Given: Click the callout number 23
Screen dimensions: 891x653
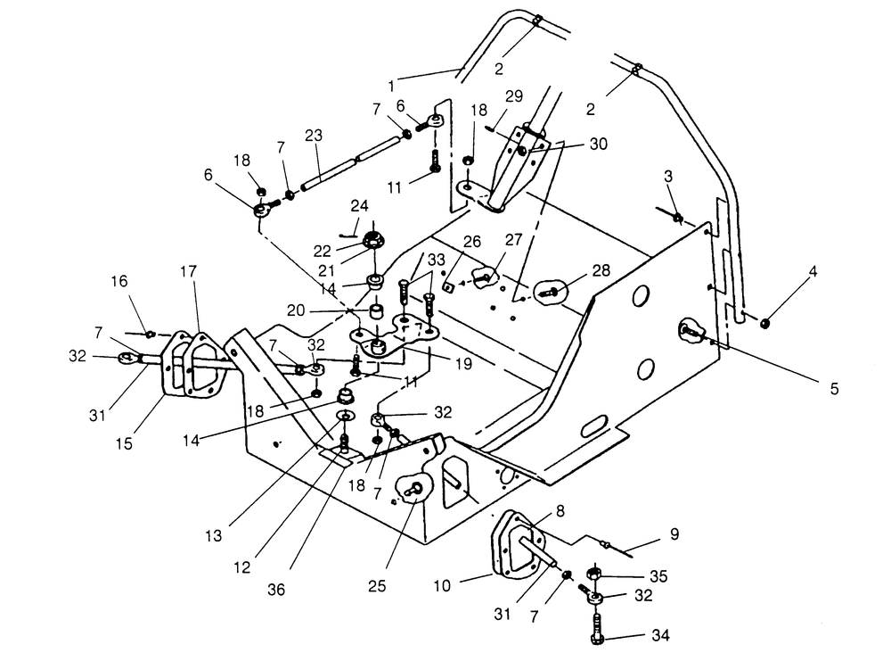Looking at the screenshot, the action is pyautogui.click(x=313, y=136).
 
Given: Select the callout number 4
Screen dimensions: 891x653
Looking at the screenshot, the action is pyautogui.click(x=813, y=271).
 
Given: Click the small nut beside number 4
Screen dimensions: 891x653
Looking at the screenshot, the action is pyautogui.click(x=765, y=323).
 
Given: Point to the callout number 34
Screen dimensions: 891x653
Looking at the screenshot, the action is pyautogui.click(x=660, y=635).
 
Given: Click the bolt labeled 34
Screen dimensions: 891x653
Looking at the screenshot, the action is pyautogui.click(x=596, y=629).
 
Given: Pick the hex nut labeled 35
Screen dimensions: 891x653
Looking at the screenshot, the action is pyautogui.click(x=593, y=574).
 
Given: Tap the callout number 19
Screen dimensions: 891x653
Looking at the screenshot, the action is pyautogui.click(x=464, y=363).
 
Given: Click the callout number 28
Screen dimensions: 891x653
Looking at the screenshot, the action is pyautogui.click(x=601, y=270).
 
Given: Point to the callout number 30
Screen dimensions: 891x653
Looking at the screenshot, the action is pyautogui.click(x=599, y=144).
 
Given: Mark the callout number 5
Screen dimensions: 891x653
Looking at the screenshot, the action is pyautogui.click(x=834, y=389).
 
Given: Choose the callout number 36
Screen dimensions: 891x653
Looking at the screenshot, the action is pyautogui.click(x=276, y=590).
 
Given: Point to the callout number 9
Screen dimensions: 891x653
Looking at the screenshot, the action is pyautogui.click(x=674, y=534).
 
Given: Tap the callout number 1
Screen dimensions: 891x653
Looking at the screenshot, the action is pyautogui.click(x=391, y=87).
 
